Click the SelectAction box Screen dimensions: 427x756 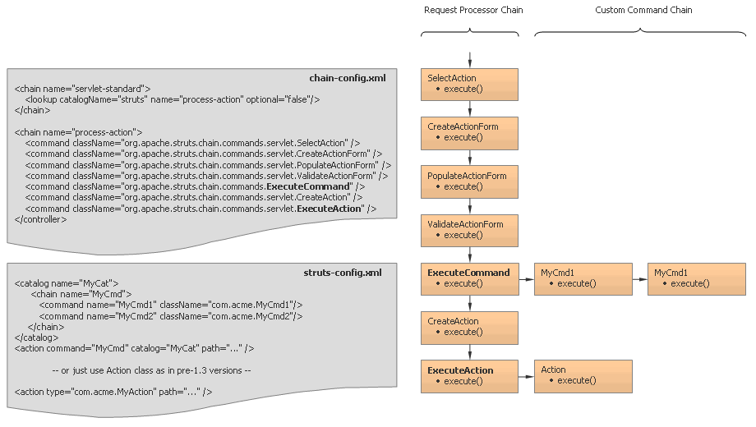click(x=469, y=84)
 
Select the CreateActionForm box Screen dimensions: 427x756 click(x=469, y=132)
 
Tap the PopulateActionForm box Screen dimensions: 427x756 click(x=469, y=181)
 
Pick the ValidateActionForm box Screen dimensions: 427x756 click(x=469, y=229)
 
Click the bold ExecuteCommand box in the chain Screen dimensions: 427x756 click(x=469, y=278)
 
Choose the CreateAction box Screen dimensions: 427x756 click(x=469, y=327)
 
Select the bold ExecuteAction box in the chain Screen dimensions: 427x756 click(x=469, y=375)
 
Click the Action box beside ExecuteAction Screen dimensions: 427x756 click(x=583, y=375)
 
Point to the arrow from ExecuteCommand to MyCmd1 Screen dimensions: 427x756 click(x=526, y=279)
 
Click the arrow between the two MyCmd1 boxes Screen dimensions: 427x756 click(x=640, y=279)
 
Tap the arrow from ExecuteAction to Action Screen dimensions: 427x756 click(x=526, y=376)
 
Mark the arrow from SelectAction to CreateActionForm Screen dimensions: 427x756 click(x=470, y=108)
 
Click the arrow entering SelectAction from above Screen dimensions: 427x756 click(x=470, y=59)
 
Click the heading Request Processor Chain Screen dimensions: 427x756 click(x=472, y=11)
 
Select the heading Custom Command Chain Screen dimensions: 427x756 click(x=643, y=11)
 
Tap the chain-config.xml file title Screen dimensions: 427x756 click(x=347, y=79)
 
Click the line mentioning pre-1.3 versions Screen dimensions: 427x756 click(x=150, y=370)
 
